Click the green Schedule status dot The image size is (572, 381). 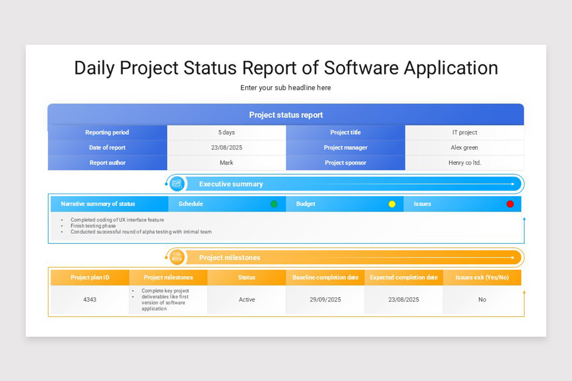274,204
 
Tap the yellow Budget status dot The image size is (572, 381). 392,204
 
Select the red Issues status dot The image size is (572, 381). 510,204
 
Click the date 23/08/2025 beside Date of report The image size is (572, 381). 226,148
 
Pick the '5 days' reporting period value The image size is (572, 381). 226,132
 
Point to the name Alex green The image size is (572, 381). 464,148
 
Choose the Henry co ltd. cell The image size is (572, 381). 464,163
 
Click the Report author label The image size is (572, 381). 107,163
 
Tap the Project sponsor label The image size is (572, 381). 346,163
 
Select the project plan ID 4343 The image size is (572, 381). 90,300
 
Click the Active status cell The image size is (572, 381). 246,300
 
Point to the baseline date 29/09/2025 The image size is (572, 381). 325,300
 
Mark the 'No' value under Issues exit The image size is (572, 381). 482,300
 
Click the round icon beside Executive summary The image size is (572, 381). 177,184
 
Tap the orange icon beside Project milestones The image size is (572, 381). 177,257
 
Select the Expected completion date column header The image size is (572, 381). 404,278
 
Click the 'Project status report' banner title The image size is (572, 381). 286,115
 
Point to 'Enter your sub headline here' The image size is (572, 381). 286,88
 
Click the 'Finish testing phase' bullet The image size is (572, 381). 93,226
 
